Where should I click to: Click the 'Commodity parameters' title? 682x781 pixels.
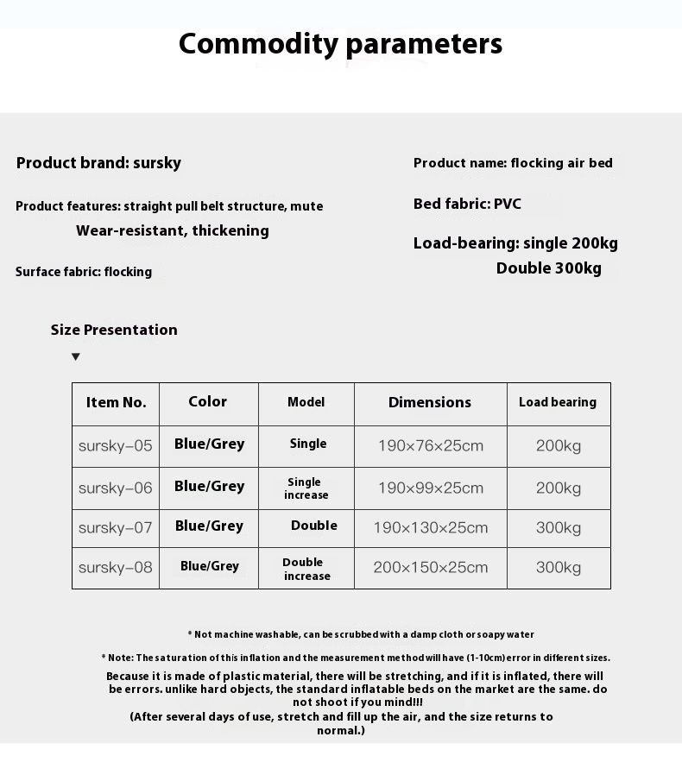pos(340,44)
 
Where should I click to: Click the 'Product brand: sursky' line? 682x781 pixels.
pos(98,163)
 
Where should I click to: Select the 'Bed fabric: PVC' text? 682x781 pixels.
pos(467,205)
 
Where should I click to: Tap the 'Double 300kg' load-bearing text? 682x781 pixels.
pos(548,268)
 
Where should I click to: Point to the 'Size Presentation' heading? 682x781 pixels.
pos(114,330)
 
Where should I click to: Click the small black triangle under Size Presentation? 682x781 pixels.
pos(76,356)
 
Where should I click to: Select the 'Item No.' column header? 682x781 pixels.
pos(116,402)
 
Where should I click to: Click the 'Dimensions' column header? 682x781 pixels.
pos(430,402)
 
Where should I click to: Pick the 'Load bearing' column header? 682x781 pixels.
pos(558,402)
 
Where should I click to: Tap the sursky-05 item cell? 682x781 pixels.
pos(116,446)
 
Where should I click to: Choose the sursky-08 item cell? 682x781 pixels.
pos(116,568)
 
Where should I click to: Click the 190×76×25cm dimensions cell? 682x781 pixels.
pos(430,446)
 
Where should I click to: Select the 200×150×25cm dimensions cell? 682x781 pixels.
pos(430,568)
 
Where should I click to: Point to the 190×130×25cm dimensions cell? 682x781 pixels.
pos(430,527)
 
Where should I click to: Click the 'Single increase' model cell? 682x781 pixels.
pos(306,488)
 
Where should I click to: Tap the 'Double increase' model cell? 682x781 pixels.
pos(306,569)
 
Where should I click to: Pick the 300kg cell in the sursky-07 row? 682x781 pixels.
pos(558,527)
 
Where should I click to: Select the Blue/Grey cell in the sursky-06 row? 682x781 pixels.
pos(209,487)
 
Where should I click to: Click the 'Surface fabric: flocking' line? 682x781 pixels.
pos(84,272)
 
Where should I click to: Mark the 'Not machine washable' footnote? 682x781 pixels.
pos(361,634)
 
